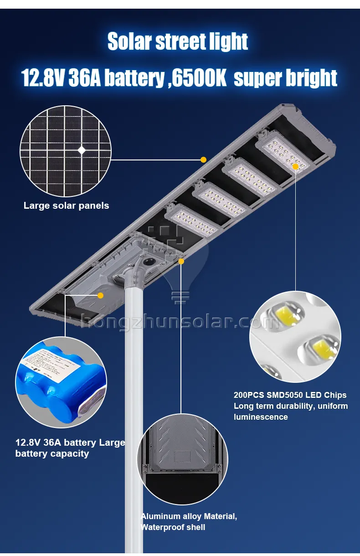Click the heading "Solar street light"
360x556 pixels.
click(x=178, y=42)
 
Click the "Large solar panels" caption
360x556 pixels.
click(x=66, y=206)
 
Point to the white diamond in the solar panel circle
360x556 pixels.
click(x=82, y=149)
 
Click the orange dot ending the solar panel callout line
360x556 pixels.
click(x=204, y=160)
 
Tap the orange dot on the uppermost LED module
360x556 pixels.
click(x=295, y=167)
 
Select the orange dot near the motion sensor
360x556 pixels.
click(x=181, y=261)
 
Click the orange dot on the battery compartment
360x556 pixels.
click(x=101, y=295)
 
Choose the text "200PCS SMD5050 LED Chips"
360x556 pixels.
click(x=290, y=395)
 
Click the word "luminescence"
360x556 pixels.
click(x=261, y=417)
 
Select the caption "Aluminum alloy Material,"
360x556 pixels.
click(x=189, y=516)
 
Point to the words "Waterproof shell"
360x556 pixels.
click(x=173, y=527)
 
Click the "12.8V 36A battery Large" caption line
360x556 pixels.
click(x=70, y=443)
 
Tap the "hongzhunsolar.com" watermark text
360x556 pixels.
click(x=180, y=322)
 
